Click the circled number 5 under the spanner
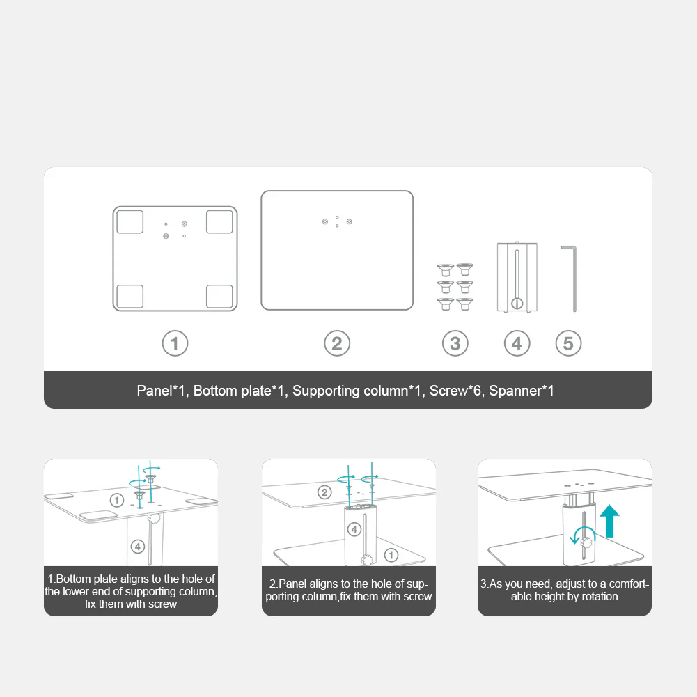click(568, 343)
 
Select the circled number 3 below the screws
click(455, 343)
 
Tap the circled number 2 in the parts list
click(337, 343)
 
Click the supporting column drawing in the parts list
click(516, 276)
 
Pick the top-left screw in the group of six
click(445, 269)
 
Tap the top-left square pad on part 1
click(130, 221)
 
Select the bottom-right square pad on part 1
click(219, 296)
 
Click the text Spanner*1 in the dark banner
click(522, 391)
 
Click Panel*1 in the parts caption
click(163, 391)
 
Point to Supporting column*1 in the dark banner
click(357, 391)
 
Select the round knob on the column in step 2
click(367, 559)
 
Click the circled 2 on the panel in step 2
click(324, 493)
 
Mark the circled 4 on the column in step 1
click(138, 547)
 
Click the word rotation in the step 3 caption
click(596, 596)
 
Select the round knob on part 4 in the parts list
click(516, 303)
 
